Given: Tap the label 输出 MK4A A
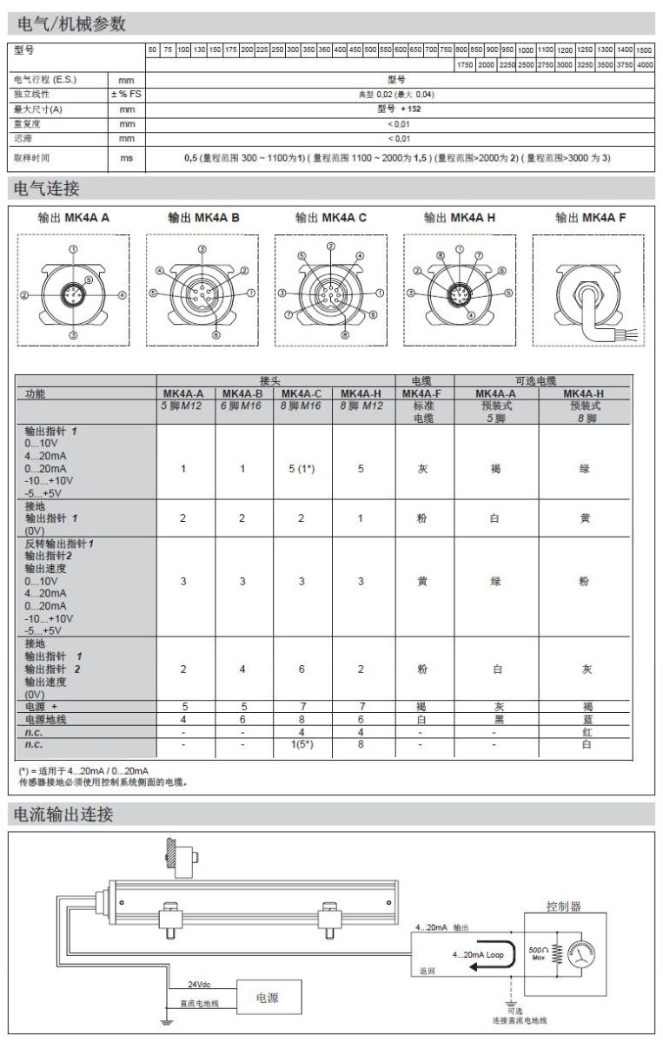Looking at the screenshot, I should coord(74,218).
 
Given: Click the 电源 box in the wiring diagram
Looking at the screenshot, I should coord(267,999).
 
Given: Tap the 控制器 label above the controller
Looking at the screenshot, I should coord(563,907).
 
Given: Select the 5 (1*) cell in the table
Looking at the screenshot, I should coord(302,469).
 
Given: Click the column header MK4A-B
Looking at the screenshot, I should coord(243,393).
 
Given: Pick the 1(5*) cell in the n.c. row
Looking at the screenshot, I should coord(302,744).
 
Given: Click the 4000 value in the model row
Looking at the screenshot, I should coord(644,65).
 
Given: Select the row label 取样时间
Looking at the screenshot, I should coord(33,158).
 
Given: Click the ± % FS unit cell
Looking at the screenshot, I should coord(126,95).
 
